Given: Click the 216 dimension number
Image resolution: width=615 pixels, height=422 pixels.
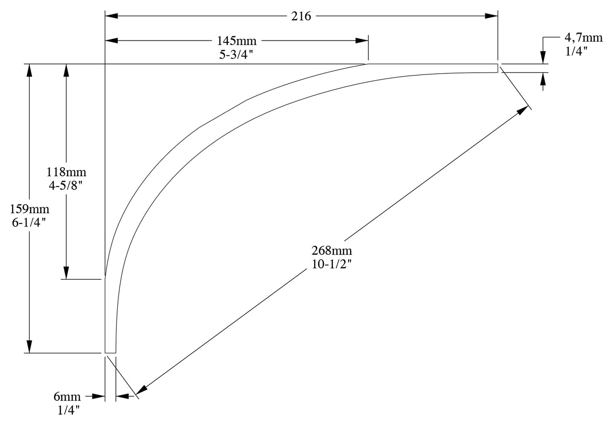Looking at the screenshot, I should [301, 16].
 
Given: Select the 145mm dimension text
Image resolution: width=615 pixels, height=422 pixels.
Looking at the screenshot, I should [237, 41].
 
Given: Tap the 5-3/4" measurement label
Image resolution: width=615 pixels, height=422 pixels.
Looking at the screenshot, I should [237, 54].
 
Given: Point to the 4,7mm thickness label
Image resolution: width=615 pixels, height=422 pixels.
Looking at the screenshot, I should [584, 37].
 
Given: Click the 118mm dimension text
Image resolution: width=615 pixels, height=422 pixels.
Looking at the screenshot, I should [66, 172].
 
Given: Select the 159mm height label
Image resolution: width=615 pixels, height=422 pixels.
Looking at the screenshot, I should [30, 209].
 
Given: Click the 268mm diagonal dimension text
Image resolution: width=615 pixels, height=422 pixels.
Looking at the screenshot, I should [332, 250].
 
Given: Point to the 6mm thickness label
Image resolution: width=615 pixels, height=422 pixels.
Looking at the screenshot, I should [67, 397].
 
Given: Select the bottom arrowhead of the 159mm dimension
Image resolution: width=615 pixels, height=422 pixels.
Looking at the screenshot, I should [29, 346].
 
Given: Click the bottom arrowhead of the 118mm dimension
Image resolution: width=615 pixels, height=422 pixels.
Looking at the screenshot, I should [66, 273].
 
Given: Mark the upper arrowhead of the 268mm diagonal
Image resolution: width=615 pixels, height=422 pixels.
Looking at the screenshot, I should [522, 111].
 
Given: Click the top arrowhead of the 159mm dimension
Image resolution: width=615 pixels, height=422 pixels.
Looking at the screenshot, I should [29, 71].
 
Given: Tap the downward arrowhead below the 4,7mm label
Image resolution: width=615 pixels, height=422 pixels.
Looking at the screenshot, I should [543, 58].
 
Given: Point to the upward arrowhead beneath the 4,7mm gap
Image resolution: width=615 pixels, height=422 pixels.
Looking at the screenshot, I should [543, 78].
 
